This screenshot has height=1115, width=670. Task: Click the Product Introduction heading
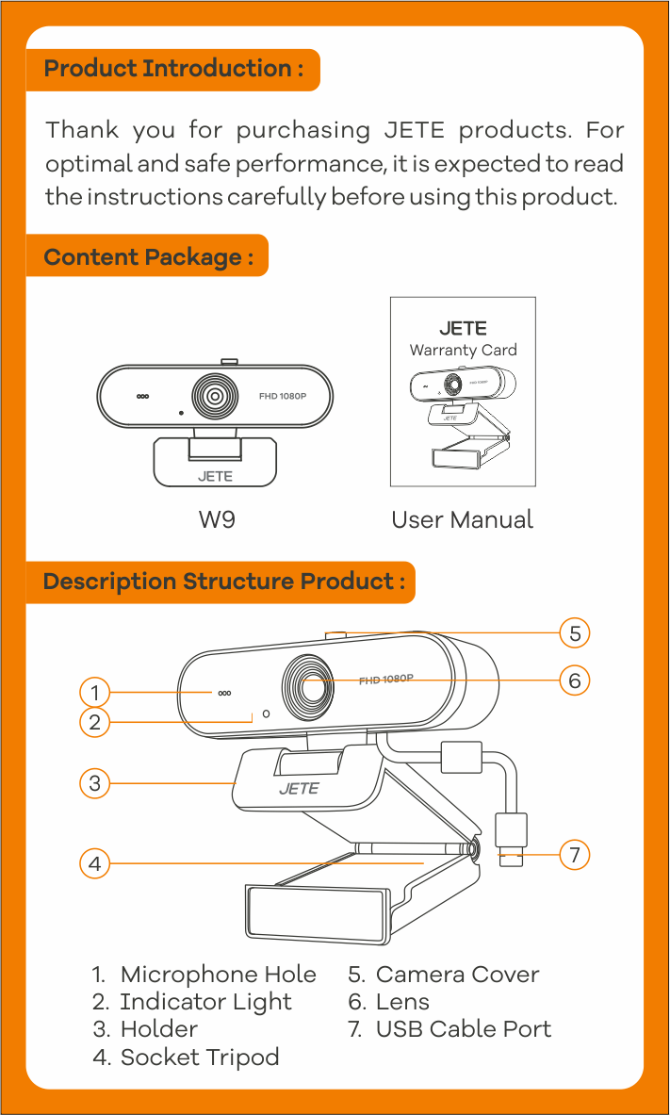tap(173, 69)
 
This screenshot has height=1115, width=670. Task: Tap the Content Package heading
tap(148, 256)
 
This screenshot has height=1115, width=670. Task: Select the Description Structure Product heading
tap(223, 581)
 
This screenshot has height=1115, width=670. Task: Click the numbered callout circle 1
tap(94, 693)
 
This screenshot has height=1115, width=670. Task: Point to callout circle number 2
tap(94, 723)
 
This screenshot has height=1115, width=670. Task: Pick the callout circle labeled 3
tap(94, 783)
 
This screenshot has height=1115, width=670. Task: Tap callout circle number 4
tap(94, 863)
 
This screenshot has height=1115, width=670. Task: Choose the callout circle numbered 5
tap(575, 633)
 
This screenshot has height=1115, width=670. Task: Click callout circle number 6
tap(575, 680)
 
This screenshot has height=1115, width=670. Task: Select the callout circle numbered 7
tap(575, 855)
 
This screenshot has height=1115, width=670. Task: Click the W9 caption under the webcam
tap(216, 519)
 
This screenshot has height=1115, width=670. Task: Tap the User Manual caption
tap(462, 519)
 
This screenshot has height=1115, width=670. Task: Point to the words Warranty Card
tap(463, 350)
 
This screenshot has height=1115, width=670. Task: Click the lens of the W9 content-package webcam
tap(215, 396)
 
